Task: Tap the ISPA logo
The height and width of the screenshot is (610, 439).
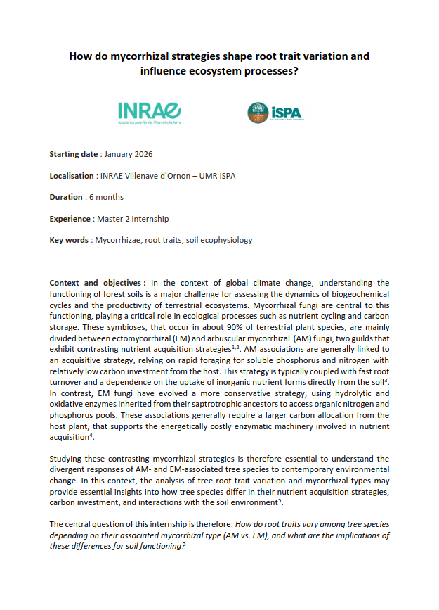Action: click(275, 112)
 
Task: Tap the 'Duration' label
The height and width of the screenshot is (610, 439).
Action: click(66, 197)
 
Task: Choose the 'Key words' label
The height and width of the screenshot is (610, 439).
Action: click(69, 240)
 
